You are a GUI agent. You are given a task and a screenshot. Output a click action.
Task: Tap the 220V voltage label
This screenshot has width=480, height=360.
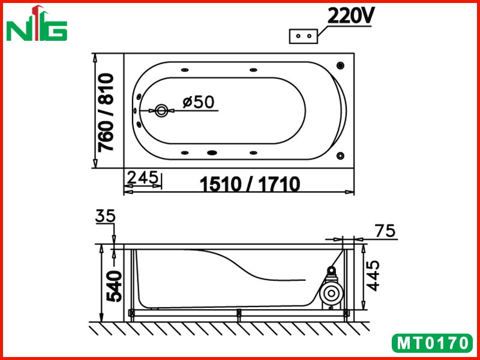click(x=350, y=16)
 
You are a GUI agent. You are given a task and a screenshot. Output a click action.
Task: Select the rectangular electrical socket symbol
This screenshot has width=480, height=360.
click(x=304, y=36)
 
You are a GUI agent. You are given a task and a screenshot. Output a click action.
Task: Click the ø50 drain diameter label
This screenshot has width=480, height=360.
click(x=199, y=102)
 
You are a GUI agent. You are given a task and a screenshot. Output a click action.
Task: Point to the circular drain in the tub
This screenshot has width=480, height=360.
click(x=161, y=110)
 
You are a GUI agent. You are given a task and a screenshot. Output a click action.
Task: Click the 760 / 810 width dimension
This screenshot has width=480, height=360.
click(x=106, y=112)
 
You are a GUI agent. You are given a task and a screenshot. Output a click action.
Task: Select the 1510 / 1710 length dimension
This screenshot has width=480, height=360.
click(x=250, y=184)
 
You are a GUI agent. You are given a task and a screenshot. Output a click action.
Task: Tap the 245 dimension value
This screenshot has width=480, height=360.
click(x=143, y=177)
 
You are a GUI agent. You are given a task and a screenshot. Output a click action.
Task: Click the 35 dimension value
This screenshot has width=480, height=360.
click(x=106, y=216)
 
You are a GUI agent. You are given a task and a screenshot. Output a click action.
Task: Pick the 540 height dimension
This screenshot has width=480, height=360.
click(x=113, y=286)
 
